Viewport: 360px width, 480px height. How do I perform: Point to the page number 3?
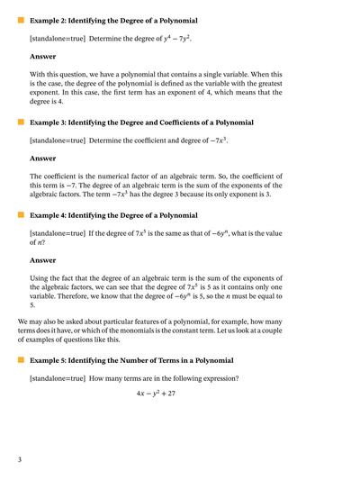(19, 460)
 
